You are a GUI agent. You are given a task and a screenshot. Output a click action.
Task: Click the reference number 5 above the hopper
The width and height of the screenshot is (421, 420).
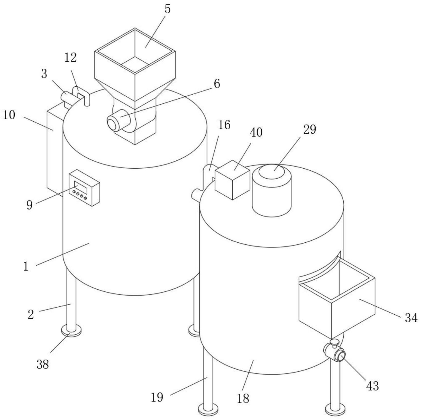pyautogui.click(x=167, y=9)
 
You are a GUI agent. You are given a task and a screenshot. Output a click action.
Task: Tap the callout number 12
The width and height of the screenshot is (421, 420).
pyautogui.click(x=70, y=58)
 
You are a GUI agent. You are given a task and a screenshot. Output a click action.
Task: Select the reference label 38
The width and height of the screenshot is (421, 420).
pyautogui.click(x=43, y=364)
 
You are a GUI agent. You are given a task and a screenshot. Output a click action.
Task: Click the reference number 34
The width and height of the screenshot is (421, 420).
pyautogui.click(x=411, y=318)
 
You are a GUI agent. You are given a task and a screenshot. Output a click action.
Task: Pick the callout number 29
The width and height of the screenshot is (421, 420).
pyautogui.click(x=309, y=130)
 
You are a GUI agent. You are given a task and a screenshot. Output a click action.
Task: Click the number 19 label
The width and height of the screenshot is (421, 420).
pyautogui.click(x=157, y=397)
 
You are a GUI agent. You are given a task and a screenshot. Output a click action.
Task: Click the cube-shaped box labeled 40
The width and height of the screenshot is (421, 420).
pyautogui.click(x=232, y=180)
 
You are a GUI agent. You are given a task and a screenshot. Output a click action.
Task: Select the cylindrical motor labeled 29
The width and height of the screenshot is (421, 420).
pyautogui.click(x=272, y=190)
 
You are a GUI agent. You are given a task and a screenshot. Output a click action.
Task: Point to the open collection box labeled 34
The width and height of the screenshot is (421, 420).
pyautogui.click(x=337, y=298)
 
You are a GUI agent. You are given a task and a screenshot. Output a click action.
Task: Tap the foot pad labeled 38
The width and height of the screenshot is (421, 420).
pyautogui.click(x=71, y=330)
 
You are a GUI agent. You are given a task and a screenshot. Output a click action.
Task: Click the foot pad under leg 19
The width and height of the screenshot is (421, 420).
pyautogui.click(x=208, y=408)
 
